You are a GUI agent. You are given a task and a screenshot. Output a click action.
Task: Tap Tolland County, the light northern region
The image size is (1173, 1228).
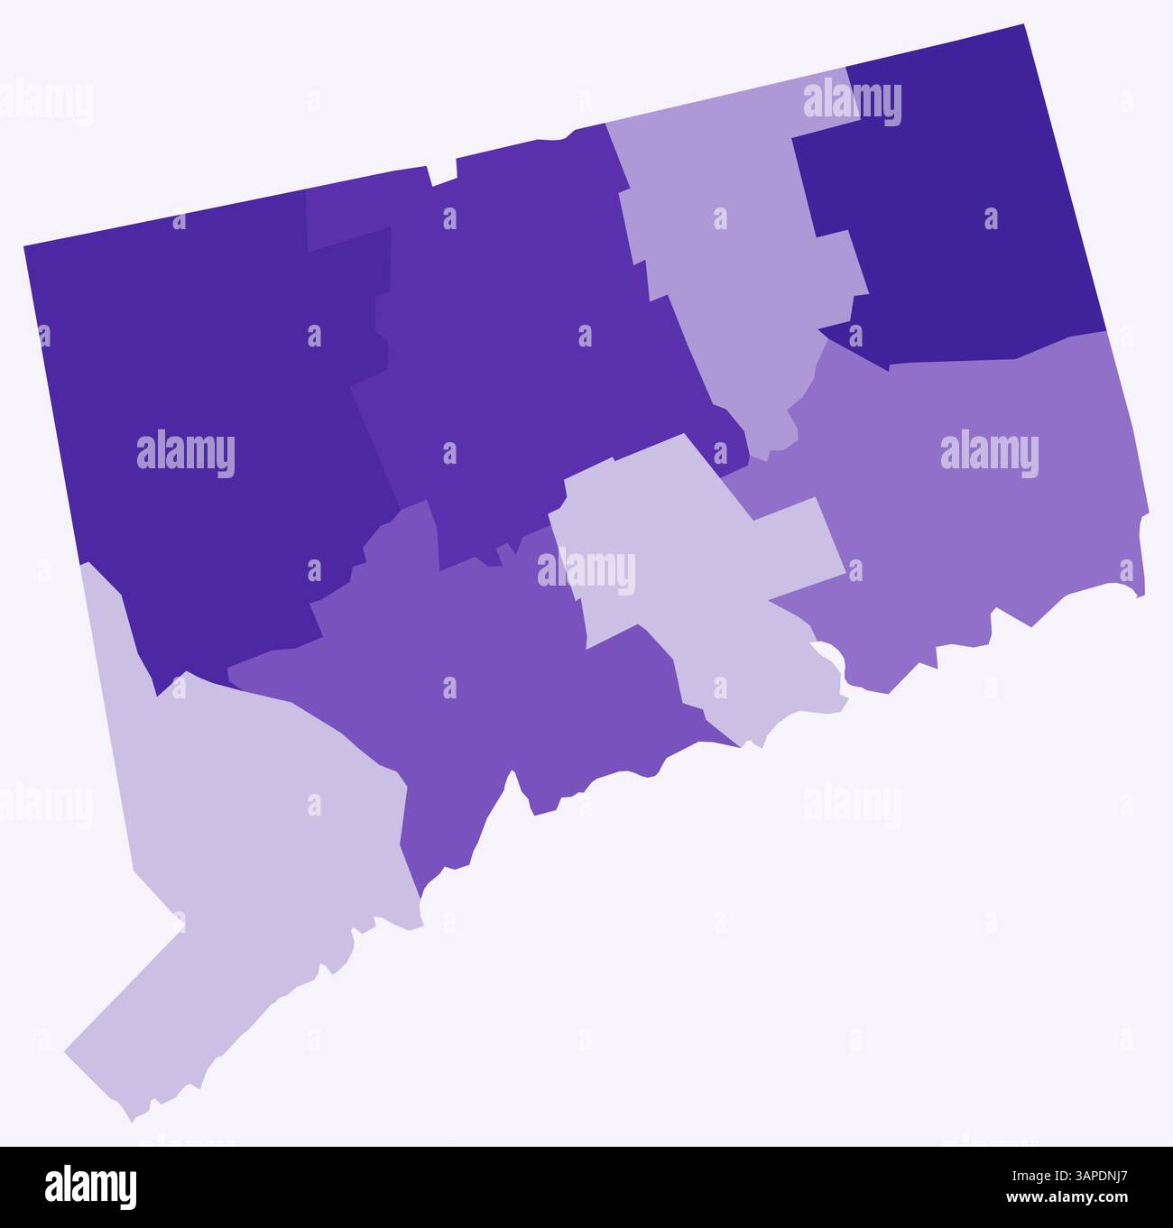[x=731, y=271]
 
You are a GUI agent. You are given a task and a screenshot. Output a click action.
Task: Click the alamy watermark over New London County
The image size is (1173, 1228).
[x=989, y=454]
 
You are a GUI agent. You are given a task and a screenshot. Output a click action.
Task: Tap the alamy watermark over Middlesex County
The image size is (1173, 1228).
[x=586, y=571]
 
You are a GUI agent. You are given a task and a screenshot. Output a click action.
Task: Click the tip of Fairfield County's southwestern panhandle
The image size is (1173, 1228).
[x=69, y=1051]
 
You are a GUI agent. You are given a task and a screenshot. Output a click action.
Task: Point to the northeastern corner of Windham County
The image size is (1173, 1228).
[x=1023, y=27]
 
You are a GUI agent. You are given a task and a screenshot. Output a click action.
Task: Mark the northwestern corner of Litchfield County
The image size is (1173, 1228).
[x=25, y=246]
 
